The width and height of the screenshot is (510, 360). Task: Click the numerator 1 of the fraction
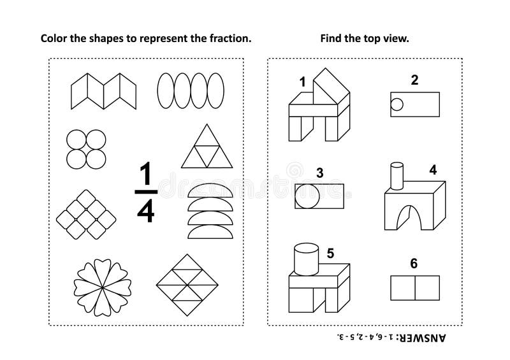pyautogui.click(x=146, y=174)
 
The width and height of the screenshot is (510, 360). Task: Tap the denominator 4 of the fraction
pyautogui.click(x=146, y=212)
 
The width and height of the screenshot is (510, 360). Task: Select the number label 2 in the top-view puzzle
pyautogui.click(x=414, y=81)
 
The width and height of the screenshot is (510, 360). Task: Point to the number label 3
pyautogui.click(x=319, y=173)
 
